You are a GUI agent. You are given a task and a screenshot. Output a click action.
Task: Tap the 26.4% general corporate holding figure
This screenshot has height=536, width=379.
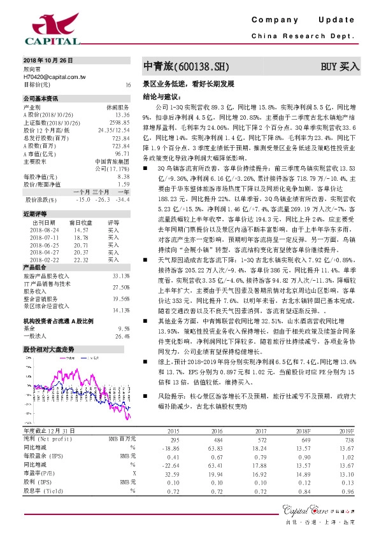[x=122, y=336]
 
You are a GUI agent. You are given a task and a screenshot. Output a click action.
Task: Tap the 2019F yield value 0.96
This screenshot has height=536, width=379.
[x=347, y=491]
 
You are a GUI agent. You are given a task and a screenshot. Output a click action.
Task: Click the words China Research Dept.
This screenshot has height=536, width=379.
[x=303, y=36]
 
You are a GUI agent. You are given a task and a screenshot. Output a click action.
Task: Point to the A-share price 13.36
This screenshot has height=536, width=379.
[x=122, y=115]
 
